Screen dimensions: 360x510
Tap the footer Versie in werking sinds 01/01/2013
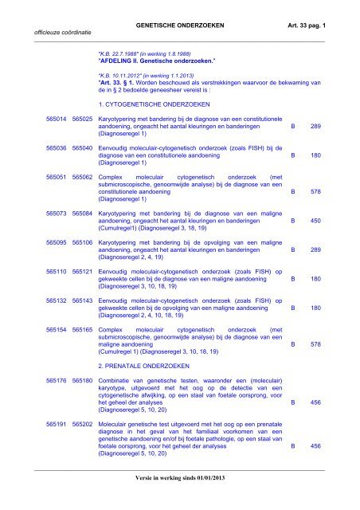[179, 500]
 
